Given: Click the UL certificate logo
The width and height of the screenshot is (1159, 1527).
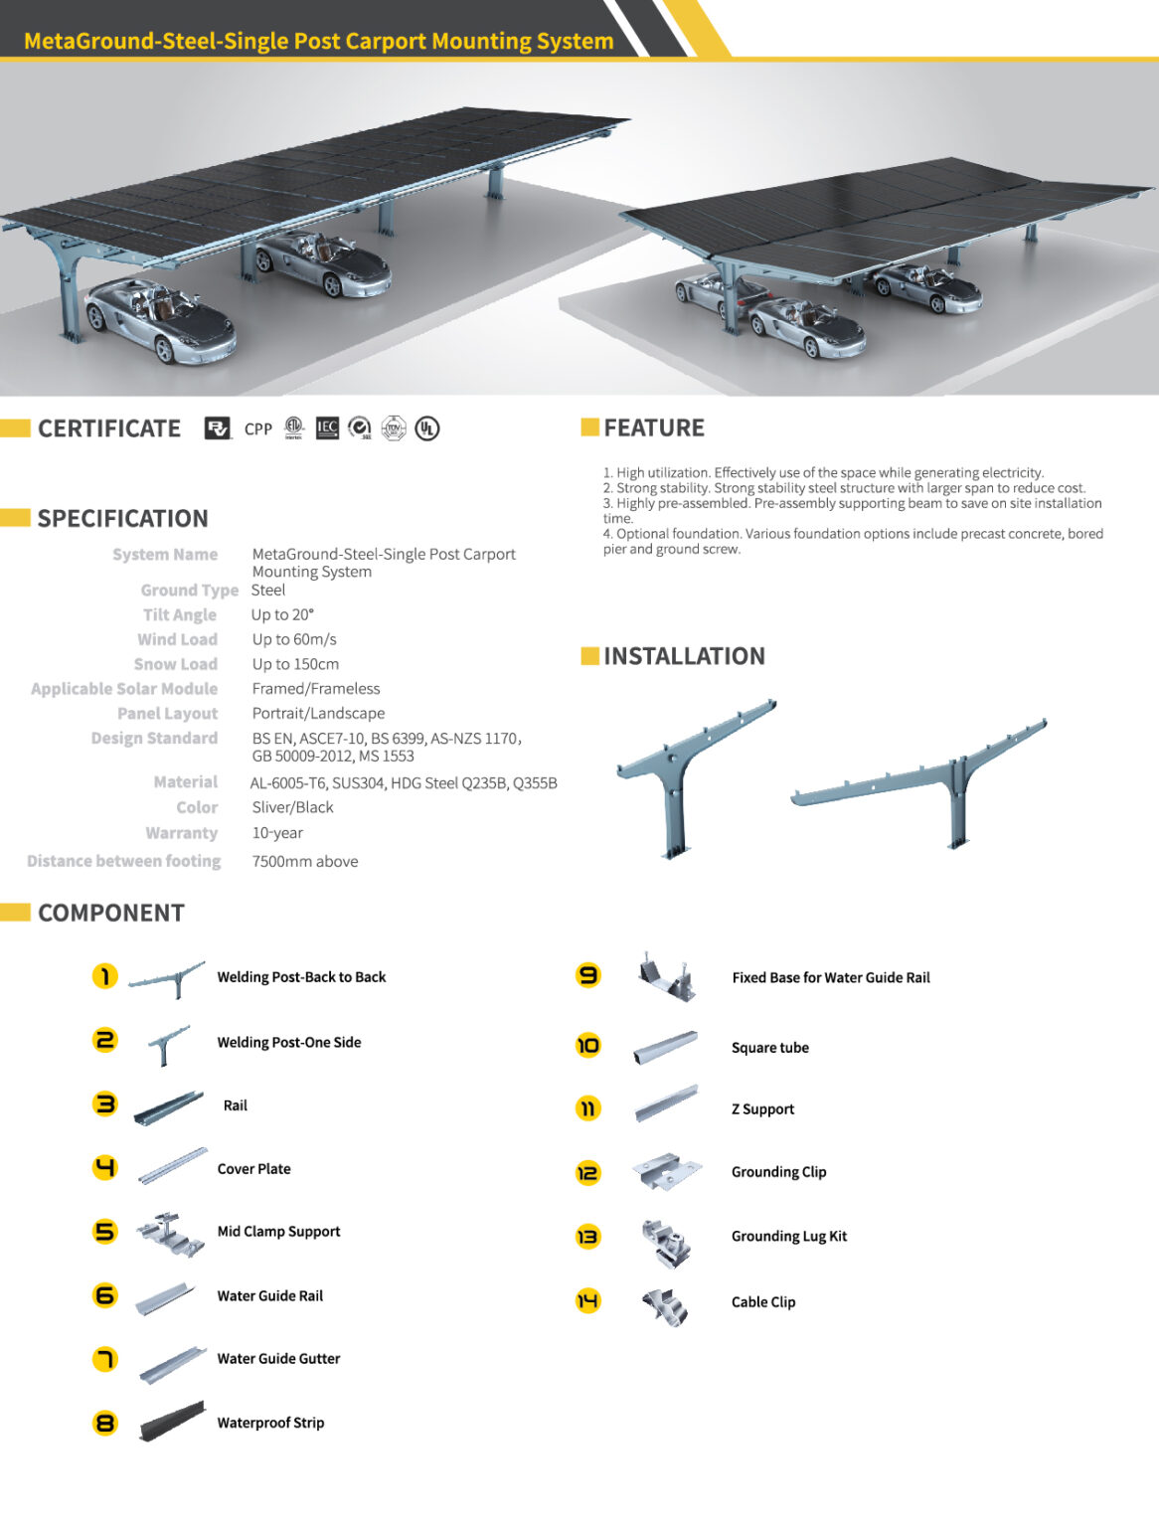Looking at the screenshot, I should (427, 428).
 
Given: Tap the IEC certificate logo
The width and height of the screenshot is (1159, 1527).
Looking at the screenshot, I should (327, 428).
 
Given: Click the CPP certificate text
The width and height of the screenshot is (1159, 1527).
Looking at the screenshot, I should (258, 429).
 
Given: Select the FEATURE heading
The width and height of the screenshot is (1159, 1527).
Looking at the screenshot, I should (653, 428).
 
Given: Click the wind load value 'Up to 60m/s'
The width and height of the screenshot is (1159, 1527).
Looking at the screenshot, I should (294, 639).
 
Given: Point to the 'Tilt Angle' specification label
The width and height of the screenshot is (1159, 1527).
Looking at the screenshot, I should (180, 614).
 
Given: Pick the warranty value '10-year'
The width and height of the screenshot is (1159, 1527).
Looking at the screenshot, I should (277, 833).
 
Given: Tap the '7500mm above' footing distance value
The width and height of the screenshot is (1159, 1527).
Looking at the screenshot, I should (305, 861).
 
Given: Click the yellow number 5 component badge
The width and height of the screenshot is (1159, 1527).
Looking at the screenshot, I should (104, 1232).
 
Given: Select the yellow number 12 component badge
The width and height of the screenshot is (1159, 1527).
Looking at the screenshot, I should (588, 1172).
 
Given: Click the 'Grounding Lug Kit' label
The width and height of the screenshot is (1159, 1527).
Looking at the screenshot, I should (789, 1236).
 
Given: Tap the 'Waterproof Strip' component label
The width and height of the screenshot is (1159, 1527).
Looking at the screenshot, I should (270, 1423).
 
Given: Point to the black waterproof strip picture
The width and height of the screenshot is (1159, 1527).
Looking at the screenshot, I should (172, 1422).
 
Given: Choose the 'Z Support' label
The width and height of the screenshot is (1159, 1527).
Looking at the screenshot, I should (762, 1108).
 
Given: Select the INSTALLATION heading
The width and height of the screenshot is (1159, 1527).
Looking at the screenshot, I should (684, 656).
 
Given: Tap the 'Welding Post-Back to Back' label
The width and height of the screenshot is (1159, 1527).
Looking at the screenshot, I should (301, 977).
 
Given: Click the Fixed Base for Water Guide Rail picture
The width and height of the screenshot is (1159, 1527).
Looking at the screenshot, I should (666, 977).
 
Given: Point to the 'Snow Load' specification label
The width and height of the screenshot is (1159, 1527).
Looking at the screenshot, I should (176, 664).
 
